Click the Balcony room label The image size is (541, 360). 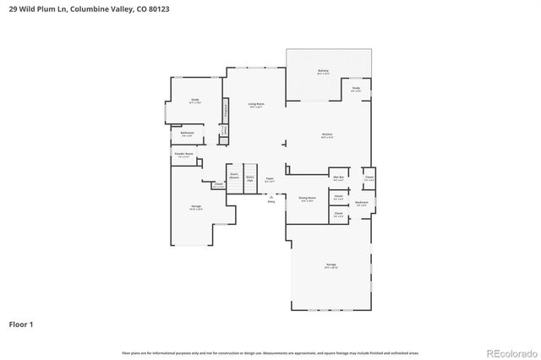click(323, 72)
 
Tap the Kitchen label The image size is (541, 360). click(326, 135)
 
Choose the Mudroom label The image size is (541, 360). click(361, 203)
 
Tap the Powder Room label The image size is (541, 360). click(183, 155)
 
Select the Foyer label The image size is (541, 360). click(270, 179)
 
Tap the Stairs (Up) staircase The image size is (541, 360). click(250, 178)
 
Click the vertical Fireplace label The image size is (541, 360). click(226, 110)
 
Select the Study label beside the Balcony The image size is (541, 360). click(356, 89)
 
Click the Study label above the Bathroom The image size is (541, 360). click(194, 101)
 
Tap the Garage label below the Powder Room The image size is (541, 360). click(195, 207)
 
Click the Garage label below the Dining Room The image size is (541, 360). click(331, 266)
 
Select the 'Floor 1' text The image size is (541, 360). click(21, 324)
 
